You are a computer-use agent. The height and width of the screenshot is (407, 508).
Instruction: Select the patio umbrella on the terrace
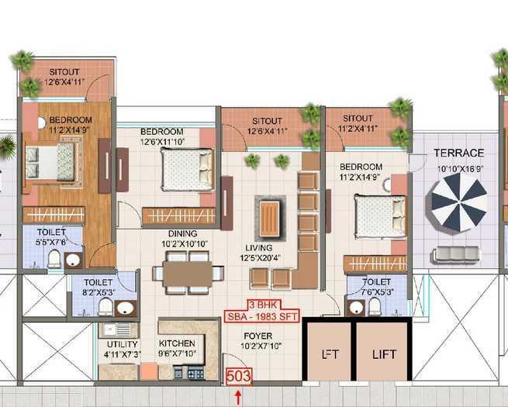pyautogui.click(x=458, y=201)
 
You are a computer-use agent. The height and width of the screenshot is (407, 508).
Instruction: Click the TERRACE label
pyautogui.click(x=458, y=153)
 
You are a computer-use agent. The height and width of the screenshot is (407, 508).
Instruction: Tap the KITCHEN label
pyautogui.click(x=176, y=343)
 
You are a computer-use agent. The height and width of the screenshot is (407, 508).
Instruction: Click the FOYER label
pyautogui.click(x=250, y=337)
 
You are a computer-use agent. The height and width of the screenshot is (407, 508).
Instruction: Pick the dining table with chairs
pyautogui.click(x=188, y=273)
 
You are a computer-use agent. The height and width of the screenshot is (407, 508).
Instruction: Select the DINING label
pyautogui.click(x=180, y=233)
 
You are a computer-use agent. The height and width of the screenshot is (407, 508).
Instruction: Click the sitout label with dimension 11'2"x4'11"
pyautogui.click(x=358, y=119)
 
